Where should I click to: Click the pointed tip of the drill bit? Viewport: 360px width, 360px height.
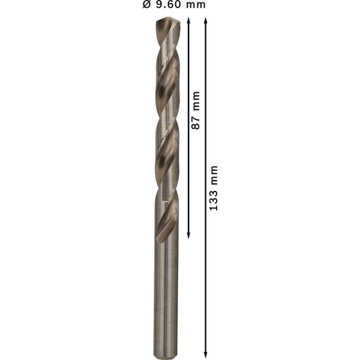(x=167, y=19)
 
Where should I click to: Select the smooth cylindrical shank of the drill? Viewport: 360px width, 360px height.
(x=166, y=294)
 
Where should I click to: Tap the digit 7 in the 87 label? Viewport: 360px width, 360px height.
(x=195, y=119)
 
